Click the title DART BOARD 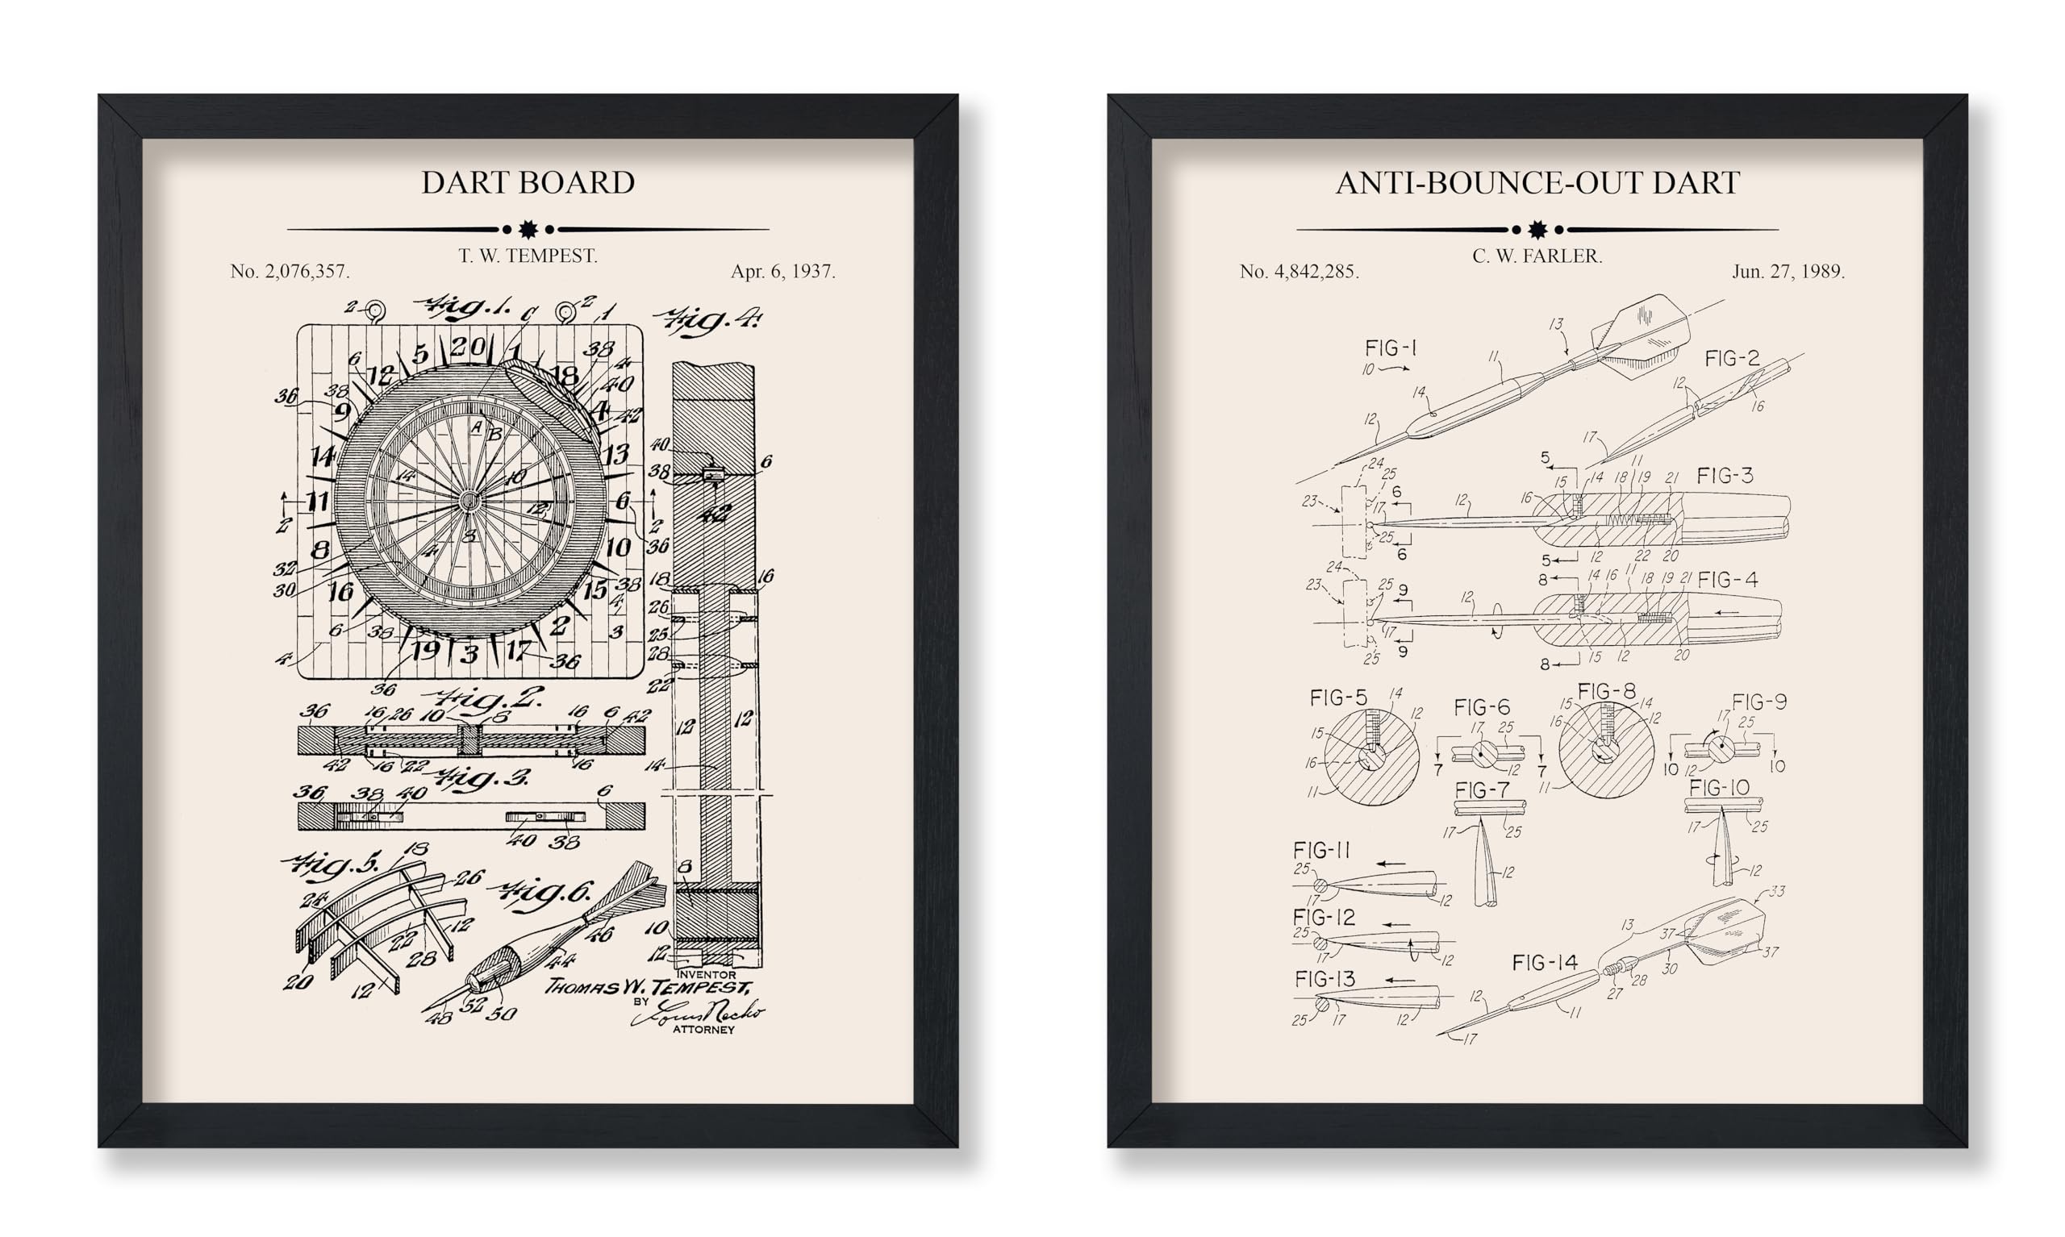[x=528, y=182]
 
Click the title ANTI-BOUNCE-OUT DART [x=1537, y=182]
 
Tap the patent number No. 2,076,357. [x=290, y=271]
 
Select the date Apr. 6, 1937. [x=782, y=271]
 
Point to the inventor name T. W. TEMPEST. [x=528, y=256]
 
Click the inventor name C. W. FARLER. [x=1537, y=256]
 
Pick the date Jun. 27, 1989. [x=1788, y=271]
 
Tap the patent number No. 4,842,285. [x=1299, y=271]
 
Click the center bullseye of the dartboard [x=469, y=501]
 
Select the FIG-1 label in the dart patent [x=1391, y=348]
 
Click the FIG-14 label [x=1545, y=963]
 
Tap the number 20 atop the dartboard [x=469, y=346]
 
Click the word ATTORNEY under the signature [x=703, y=1030]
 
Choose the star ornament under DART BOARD [x=528, y=228]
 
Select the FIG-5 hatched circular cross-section [x=1371, y=757]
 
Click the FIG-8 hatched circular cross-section [x=1606, y=750]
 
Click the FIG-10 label [x=1719, y=788]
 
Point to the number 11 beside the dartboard [x=318, y=501]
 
